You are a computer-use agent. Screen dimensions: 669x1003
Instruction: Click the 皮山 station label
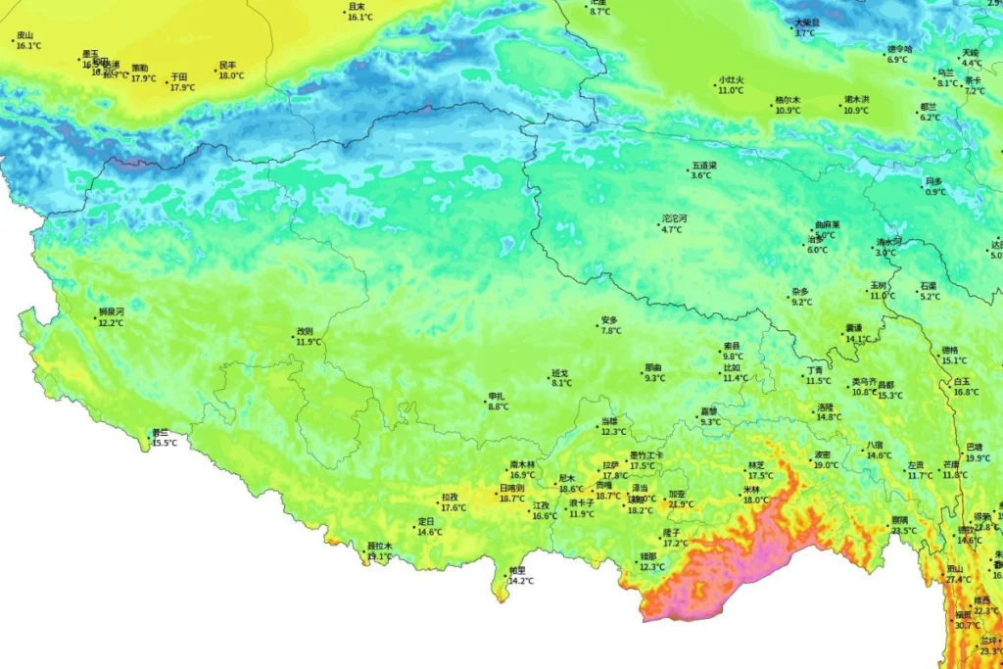click(25, 35)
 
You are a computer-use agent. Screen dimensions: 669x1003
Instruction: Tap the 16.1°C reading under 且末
click(360, 17)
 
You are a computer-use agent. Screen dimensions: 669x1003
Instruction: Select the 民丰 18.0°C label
click(230, 71)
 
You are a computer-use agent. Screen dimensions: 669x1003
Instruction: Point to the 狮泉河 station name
click(111, 311)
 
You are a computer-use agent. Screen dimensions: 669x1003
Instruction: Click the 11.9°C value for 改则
click(309, 342)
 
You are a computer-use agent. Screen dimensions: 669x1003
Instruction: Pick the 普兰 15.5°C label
click(163, 438)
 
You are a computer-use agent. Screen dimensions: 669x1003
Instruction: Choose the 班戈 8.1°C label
click(561, 378)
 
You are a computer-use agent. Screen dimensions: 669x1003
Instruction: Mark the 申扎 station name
click(498, 397)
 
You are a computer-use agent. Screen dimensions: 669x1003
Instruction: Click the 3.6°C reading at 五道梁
click(701, 175)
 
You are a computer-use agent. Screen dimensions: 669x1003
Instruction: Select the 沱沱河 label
click(675, 218)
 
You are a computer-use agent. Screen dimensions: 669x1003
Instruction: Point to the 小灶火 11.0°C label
click(731, 84)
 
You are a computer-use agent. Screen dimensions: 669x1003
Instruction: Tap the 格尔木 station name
click(788, 100)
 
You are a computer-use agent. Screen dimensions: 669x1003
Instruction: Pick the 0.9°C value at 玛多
click(935, 192)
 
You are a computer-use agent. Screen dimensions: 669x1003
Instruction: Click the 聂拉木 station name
click(379, 546)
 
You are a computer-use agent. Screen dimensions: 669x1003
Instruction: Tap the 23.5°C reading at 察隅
click(903, 530)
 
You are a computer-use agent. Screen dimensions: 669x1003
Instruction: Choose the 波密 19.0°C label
click(825, 460)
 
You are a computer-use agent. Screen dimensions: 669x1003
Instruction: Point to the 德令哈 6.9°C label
click(899, 54)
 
